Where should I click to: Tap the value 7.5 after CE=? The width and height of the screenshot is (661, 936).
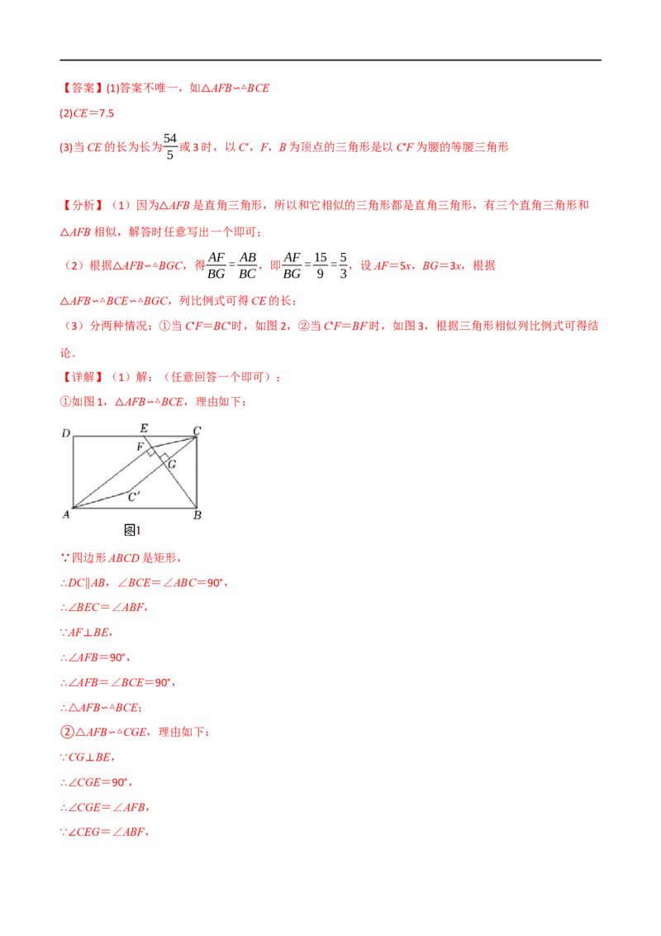tap(107, 113)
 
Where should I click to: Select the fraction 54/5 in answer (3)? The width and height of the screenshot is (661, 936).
tap(170, 146)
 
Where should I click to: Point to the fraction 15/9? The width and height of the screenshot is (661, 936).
tap(321, 265)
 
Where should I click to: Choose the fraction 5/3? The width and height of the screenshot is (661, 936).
tap(343, 265)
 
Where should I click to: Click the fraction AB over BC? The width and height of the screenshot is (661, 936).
tap(247, 265)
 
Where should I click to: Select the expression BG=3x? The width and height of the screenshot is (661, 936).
tap(441, 265)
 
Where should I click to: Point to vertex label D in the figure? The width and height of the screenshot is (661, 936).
tap(65, 432)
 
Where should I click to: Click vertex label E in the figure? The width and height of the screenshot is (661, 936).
tap(144, 428)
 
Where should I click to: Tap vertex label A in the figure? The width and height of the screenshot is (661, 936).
tap(66, 514)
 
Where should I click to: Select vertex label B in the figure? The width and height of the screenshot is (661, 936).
tap(197, 515)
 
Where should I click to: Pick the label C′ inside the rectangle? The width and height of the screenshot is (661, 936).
tap(134, 497)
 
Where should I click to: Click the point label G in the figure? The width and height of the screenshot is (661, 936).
tap(173, 465)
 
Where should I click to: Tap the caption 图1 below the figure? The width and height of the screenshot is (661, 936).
tap(132, 530)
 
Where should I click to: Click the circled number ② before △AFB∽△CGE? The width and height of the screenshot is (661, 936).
tap(68, 732)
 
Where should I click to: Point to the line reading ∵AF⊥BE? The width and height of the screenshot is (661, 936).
tap(86, 633)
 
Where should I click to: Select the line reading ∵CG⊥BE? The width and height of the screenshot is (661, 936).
tap(87, 757)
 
